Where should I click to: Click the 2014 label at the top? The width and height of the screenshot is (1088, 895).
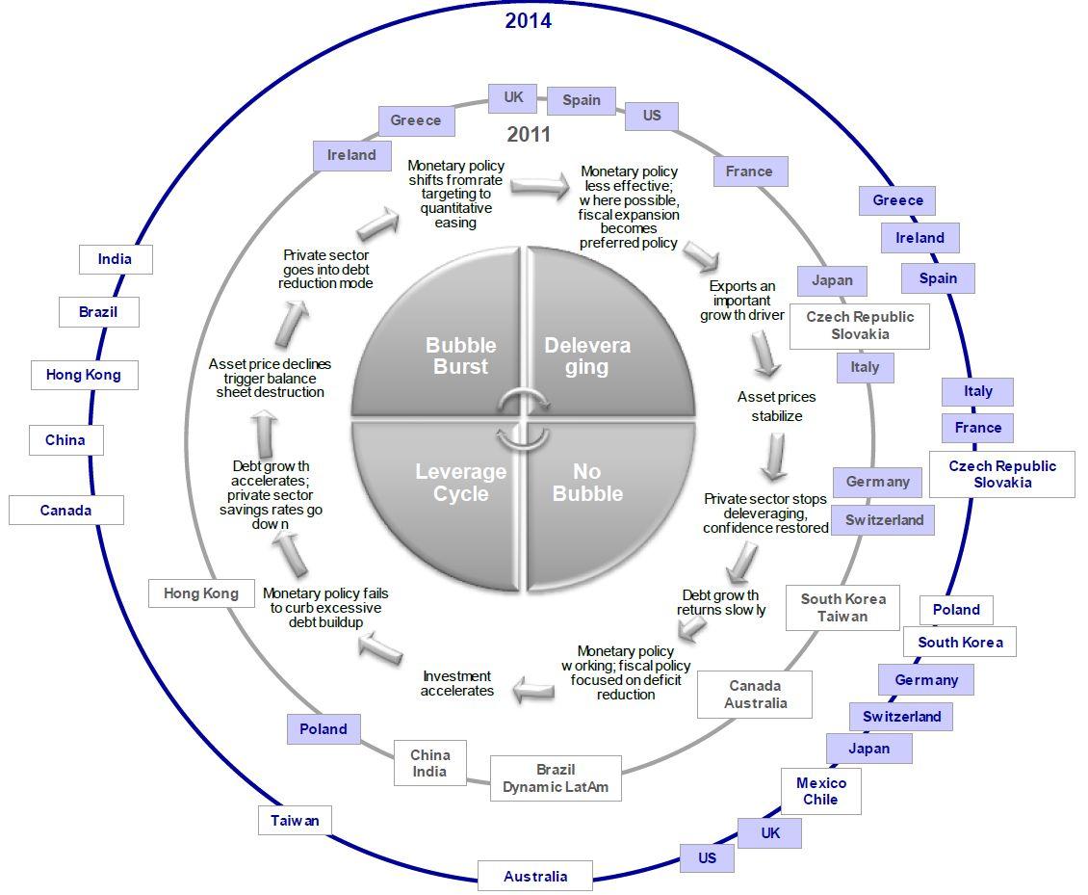(528, 20)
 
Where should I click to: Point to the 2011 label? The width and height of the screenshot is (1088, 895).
(529, 134)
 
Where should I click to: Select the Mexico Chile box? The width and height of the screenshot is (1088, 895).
(820, 791)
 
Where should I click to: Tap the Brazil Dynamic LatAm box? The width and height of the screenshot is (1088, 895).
(556, 777)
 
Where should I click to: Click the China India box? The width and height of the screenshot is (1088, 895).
(429, 763)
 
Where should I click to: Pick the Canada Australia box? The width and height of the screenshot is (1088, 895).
(756, 694)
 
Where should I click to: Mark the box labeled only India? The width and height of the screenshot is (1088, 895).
(115, 259)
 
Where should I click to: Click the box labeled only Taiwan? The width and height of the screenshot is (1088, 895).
(295, 821)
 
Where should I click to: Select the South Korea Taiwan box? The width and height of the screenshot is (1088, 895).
(842, 607)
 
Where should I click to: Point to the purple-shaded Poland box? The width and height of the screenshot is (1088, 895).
(324, 728)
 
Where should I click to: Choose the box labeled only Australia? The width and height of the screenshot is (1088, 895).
(535, 876)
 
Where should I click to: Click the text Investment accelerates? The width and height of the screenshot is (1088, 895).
(457, 683)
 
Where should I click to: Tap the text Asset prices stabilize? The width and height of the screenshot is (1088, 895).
(776, 407)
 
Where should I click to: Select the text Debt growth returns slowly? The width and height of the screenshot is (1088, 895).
(721, 602)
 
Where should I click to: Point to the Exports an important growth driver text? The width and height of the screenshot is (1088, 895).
(741, 301)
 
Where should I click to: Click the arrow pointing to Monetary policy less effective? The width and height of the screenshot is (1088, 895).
(540, 187)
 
